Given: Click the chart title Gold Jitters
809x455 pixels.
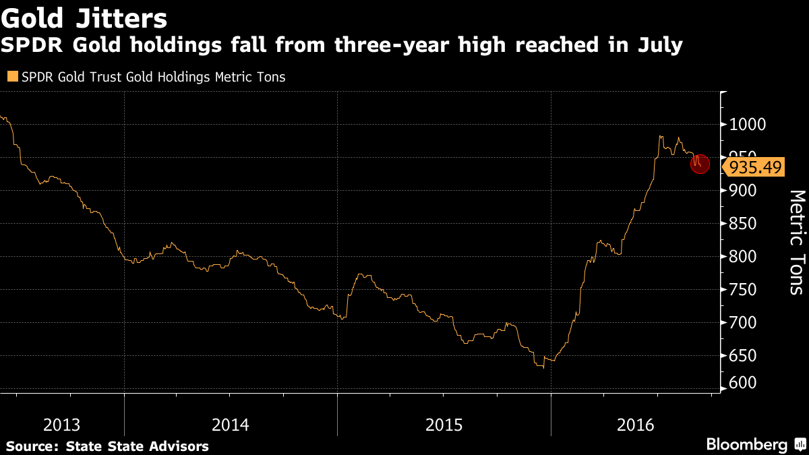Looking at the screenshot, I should pos(84,16).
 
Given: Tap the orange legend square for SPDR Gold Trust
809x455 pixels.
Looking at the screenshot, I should pos(11,77).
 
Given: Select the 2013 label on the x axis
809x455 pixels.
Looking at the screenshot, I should pos(61,425).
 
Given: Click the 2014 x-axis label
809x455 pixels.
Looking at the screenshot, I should pos(231,425).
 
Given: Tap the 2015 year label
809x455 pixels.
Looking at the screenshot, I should pos(444,425).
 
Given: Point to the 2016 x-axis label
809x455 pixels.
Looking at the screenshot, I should pos(636,425).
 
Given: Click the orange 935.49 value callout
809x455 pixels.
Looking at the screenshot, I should pos(754,166).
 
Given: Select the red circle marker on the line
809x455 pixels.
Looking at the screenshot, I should pos(700,163).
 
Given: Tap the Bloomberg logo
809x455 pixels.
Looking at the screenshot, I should pos(746,445).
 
